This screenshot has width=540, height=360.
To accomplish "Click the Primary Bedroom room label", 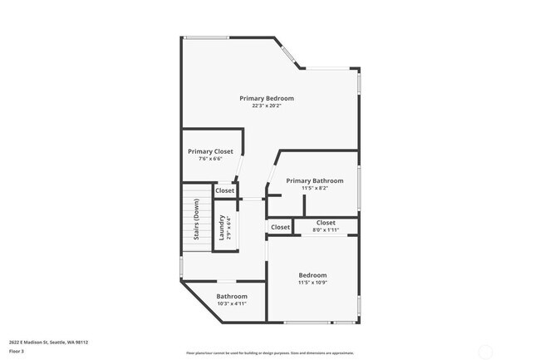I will (x=267, y=98).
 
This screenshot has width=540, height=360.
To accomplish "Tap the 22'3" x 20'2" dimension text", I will (x=267, y=106).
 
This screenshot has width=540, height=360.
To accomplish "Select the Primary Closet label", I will (x=210, y=151).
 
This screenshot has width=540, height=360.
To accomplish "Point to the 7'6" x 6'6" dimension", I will (x=210, y=159).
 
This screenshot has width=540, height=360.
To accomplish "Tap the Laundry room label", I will (x=222, y=225).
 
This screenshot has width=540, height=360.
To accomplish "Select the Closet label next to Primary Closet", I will (x=225, y=190).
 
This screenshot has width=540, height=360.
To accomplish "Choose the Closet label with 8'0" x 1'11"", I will (x=326, y=222).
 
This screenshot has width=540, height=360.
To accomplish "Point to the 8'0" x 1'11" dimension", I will (x=326, y=229).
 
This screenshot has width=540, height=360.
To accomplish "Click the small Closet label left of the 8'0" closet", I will (x=280, y=227).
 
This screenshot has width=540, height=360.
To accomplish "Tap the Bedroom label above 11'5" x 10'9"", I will (x=312, y=275).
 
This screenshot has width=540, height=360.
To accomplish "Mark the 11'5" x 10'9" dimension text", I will (x=312, y=283).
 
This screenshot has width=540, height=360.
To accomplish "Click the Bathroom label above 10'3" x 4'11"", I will (x=232, y=296).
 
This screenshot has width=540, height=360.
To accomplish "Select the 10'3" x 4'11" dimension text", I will (x=232, y=303).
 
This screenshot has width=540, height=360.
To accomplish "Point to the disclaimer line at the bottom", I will (x=269, y=353).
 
